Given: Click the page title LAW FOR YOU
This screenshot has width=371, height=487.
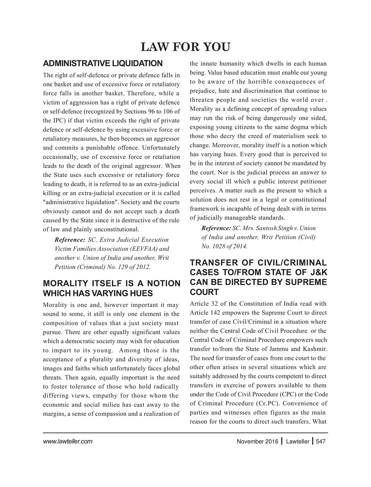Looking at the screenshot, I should tap(185, 47).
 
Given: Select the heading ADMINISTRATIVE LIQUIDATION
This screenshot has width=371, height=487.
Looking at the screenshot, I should tap(103, 63).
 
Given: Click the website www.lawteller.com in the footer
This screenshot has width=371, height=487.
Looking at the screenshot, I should tap(68, 442).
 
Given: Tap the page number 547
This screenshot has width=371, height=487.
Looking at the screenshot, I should tap(321, 442).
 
